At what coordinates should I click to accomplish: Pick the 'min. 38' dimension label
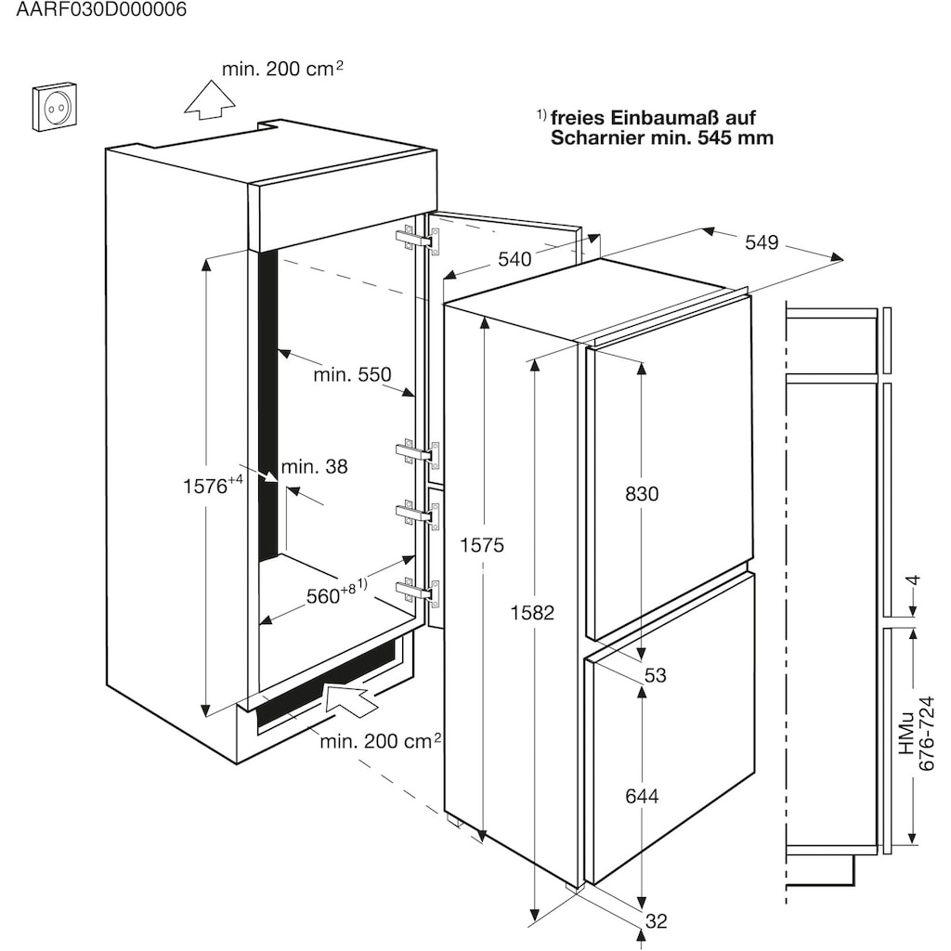click(315, 467)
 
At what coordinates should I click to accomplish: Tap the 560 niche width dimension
click(332, 595)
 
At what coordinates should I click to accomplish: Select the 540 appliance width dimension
click(515, 259)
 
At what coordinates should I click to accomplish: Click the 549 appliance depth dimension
click(761, 243)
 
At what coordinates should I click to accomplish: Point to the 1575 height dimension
click(482, 545)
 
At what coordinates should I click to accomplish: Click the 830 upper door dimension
click(641, 494)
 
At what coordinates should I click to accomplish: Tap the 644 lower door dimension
click(641, 796)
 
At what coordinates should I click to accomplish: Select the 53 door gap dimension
click(656, 675)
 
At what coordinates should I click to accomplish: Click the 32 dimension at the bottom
click(656, 920)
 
